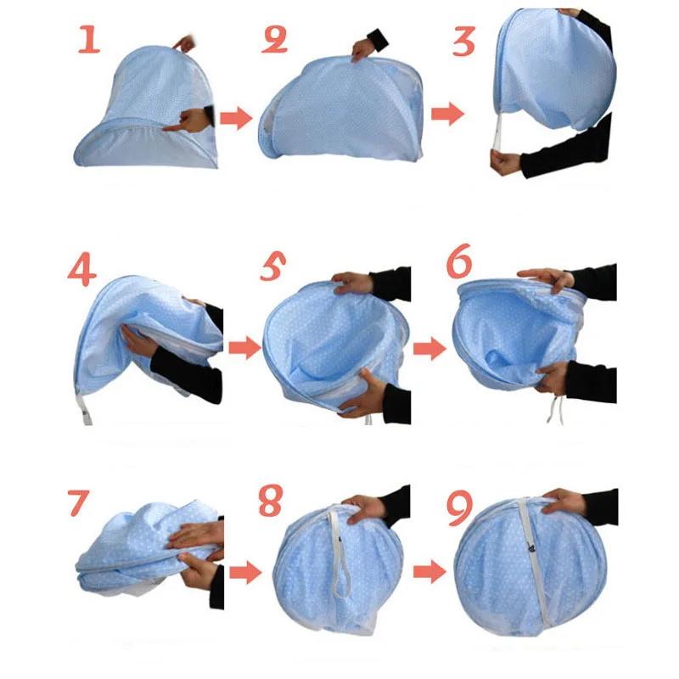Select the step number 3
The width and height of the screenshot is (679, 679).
point(463,39)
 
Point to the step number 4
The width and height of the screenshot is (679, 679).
point(82,272)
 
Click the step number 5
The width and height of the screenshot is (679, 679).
point(272,270)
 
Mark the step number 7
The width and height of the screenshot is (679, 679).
point(78,502)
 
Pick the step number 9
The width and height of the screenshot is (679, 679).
point(459,507)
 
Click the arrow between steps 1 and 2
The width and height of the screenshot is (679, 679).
point(237,119)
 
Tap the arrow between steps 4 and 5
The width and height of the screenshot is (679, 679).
point(244,348)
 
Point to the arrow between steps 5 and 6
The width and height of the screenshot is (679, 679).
point(429,348)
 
